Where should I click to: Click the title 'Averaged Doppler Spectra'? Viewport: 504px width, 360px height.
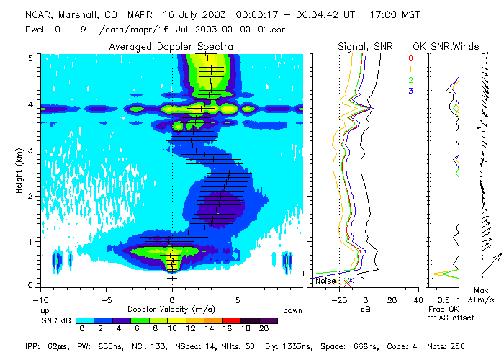[x=171, y=46]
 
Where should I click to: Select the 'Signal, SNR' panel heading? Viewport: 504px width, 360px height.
[x=364, y=46]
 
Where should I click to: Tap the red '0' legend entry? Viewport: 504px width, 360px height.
[x=410, y=58]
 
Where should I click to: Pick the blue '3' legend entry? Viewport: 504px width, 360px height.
[x=410, y=91]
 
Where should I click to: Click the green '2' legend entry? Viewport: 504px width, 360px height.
[x=410, y=80]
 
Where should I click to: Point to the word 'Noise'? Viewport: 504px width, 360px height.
[x=326, y=281]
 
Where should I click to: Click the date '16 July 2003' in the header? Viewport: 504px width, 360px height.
[x=170, y=14]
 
